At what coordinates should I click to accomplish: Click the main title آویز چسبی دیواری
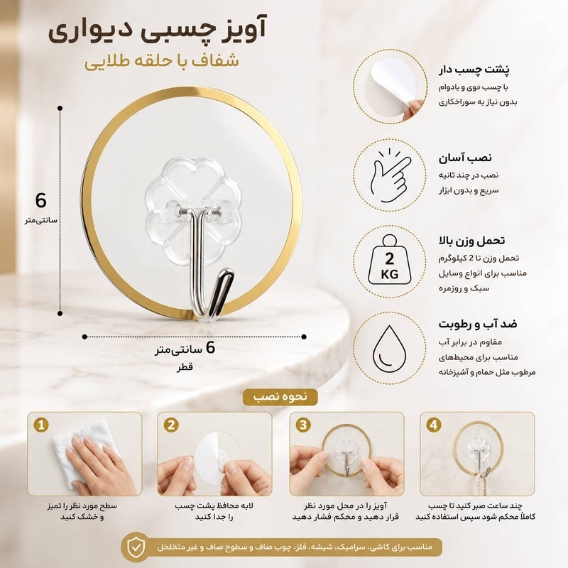pos(158,30)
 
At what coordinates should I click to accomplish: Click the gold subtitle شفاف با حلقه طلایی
pos(162,61)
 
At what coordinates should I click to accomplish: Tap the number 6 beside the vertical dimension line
pos(41,200)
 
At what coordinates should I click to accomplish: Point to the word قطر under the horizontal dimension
pos(185,367)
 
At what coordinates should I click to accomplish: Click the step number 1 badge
pos(41,425)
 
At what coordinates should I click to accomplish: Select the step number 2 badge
pos(171,425)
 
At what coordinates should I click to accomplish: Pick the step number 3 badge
pos(303,425)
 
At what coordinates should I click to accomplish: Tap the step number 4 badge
pos(434,425)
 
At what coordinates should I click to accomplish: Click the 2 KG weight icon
pos(389,260)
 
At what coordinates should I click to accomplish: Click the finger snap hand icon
pos(390,175)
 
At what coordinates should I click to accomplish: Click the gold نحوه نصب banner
pos(280,397)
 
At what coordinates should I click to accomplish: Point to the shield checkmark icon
pos(136,547)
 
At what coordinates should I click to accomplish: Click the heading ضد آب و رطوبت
pos(478,324)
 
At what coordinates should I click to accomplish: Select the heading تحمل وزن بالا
pos(471,240)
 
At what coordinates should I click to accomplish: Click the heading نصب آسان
pos(465,158)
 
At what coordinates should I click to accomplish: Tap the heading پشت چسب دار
pos(474,69)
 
